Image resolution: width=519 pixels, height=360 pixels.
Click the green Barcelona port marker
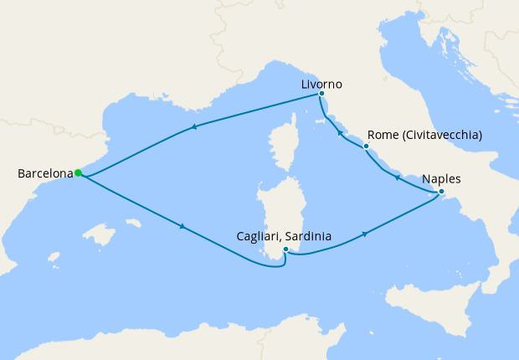point(78,173)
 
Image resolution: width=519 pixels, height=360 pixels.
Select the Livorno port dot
point(321,94)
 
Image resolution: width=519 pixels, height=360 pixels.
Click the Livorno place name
point(322,85)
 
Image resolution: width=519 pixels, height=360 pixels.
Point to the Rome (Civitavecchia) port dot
point(366,147)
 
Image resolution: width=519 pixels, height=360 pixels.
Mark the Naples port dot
point(442,193)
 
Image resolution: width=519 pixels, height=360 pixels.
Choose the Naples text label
point(442,179)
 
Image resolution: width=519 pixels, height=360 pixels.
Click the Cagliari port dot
point(286,249)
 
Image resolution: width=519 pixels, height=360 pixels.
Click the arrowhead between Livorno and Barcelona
point(194,127)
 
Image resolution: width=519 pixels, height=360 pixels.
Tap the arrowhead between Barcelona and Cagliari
point(181,226)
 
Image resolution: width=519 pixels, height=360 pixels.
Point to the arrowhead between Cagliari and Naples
point(365,234)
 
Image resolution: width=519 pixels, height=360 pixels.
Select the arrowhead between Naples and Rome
point(397,178)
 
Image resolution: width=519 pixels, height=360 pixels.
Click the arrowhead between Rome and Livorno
point(339,132)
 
